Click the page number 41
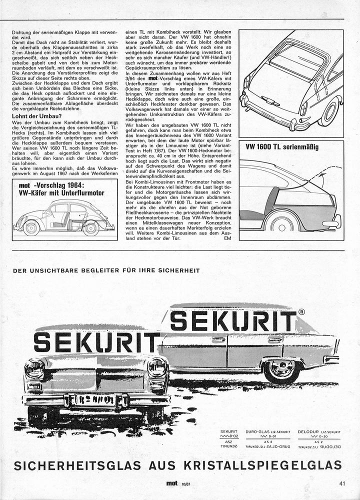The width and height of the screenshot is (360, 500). click(x=342, y=483)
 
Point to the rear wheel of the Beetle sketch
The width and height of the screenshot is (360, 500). click(x=90, y=227)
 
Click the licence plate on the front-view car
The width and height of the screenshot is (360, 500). click(x=95, y=400)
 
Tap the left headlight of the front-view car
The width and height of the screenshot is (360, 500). click(x=34, y=369)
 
